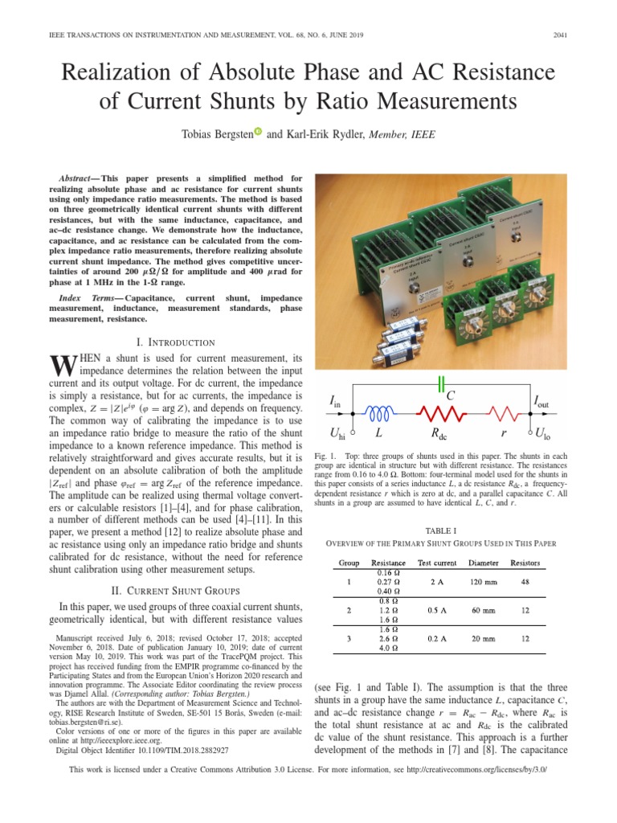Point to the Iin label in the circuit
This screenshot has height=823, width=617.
335,400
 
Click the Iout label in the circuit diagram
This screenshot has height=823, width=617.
544,400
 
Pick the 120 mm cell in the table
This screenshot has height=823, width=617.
485,583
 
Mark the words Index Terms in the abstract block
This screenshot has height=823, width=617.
86,297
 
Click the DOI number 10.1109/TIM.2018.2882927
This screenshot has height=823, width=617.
165,750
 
